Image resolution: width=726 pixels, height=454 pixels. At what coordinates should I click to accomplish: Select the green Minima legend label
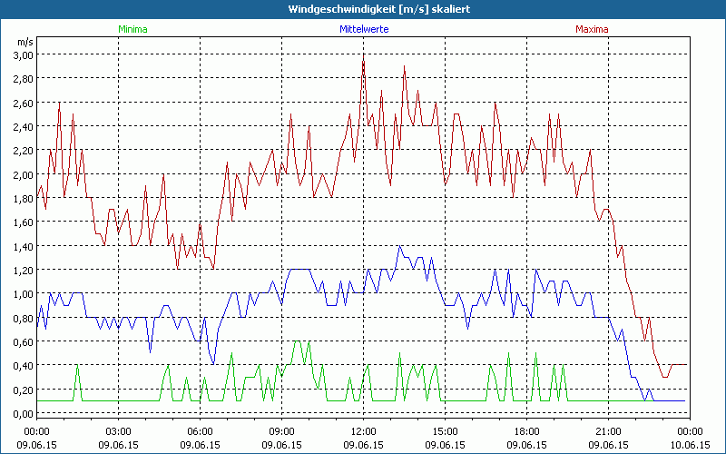(x=132, y=29)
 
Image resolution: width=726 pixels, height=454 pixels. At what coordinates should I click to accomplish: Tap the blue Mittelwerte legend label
(x=364, y=29)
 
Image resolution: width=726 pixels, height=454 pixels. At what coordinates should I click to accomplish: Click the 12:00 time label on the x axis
(x=363, y=430)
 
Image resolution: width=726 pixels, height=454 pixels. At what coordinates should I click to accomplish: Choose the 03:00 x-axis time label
(x=118, y=430)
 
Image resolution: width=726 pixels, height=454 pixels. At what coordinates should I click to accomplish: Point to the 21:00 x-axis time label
(x=608, y=430)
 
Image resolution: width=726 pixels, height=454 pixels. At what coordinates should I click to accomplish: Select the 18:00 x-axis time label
(x=526, y=430)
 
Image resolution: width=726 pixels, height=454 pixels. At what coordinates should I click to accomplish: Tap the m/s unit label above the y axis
(x=25, y=42)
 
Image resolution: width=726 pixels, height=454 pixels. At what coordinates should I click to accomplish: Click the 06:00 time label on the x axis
(x=200, y=430)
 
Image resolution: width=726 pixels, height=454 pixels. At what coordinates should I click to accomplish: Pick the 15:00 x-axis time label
(x=445, y=430)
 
